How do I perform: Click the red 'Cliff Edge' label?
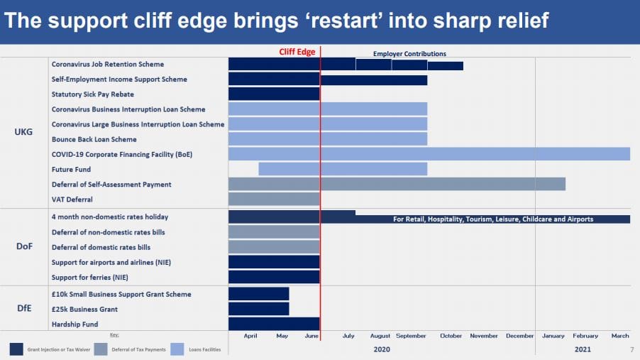[297, 52]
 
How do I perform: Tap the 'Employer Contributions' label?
[409, 54]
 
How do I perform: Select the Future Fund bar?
[343, 169]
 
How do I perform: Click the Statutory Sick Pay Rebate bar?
[274, 94]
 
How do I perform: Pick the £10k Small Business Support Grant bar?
[258, 294]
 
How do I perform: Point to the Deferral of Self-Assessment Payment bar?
[397, 185]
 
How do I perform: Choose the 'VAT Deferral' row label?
[72, 200]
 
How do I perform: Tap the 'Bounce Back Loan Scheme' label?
[94, 139]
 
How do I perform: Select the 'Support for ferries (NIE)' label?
[89, 277]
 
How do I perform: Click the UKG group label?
[23, 131]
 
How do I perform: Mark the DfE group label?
[23, 309]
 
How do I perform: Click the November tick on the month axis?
[484, 336]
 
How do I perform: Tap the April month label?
[250, 336]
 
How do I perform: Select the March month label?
[619, 336]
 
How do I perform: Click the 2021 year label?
[583, 349]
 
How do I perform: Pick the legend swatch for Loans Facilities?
[174, 349]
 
